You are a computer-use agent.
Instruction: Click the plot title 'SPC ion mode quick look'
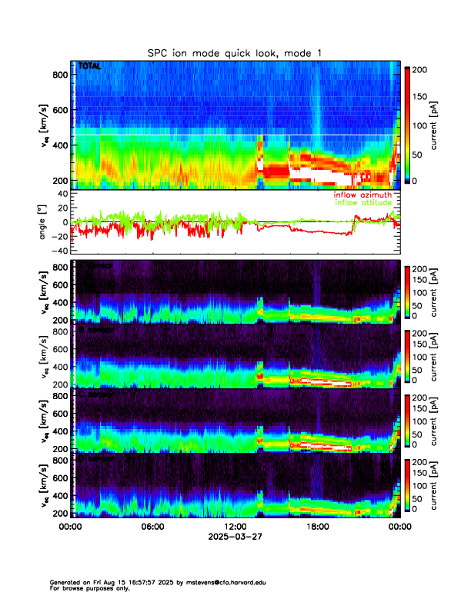point(235,52)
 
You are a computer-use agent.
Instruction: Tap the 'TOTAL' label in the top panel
point(89,67)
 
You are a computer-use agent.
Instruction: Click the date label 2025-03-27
point(235,536)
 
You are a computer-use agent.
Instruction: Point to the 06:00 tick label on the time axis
point(153,527)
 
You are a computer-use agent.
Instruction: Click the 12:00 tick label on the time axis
point(235,527)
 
